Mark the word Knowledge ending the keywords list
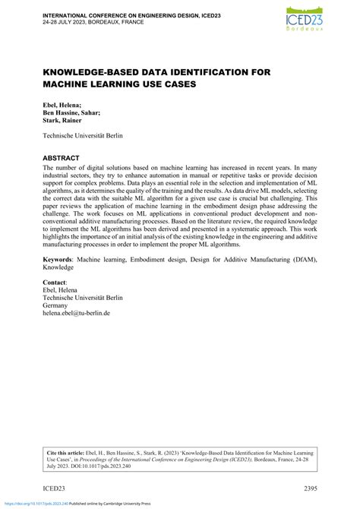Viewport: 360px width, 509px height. (x=58, y=267)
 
